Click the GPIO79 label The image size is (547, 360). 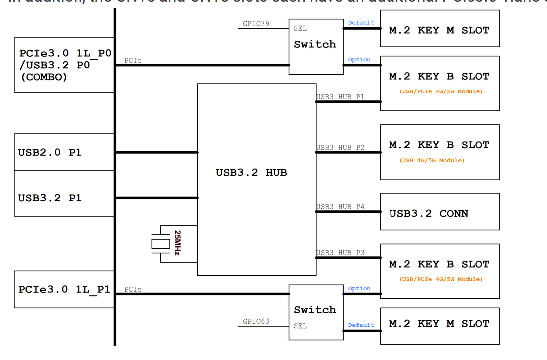pos(256,23)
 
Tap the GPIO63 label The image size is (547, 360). pos(256,321)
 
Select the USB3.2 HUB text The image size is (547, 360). pos(251,173)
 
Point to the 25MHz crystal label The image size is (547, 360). pos(177,243)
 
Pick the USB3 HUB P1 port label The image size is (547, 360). pos(340,97)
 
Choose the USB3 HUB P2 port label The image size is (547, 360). pos(340,148)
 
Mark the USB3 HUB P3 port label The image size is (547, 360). pos(340,253)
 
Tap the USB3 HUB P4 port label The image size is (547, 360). pos(340,206)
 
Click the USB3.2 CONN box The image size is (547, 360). pos(439,213)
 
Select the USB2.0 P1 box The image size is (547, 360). pos(64,153)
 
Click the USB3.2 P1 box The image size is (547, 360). pos(64,198)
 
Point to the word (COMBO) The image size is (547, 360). pos(44,77)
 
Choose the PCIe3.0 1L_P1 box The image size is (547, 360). pos(64,289)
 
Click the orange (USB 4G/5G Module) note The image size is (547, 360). pos(432,160)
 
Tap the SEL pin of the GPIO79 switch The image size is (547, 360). pos(300,28)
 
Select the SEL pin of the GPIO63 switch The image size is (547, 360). pos(300,326)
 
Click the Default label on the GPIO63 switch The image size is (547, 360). pos(361,325)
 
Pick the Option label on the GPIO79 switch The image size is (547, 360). pos(359,60)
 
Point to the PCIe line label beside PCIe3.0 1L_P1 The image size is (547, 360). pos(133,289)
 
